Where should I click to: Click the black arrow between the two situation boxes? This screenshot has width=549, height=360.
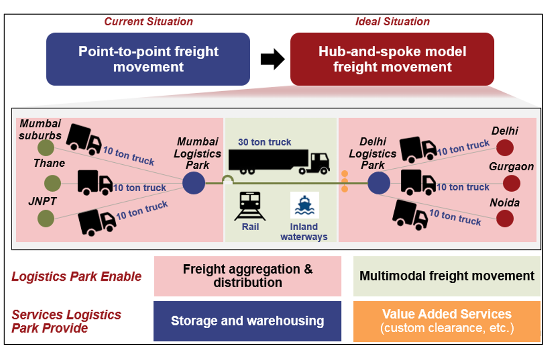273,59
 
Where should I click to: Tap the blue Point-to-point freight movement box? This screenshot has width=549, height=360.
148,59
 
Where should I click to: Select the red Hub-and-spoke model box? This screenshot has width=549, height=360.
392,59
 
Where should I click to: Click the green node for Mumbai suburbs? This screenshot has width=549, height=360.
46,148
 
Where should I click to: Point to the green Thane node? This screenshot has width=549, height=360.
53,183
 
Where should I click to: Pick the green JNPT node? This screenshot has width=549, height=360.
46,218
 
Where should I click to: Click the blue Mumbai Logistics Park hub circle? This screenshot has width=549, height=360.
194,183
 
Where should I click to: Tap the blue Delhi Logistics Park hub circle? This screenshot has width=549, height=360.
379,183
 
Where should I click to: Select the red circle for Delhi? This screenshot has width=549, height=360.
505,148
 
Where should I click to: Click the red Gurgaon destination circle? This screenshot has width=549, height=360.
511,183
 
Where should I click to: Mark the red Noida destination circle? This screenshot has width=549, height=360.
505,219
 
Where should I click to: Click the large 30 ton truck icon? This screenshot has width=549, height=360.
279,162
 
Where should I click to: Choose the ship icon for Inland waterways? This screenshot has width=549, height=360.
304,205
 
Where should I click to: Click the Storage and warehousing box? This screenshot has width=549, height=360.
247,321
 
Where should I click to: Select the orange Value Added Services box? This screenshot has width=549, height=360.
447,321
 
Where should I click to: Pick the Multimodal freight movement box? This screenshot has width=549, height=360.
447,276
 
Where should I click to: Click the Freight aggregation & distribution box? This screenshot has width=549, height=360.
247,276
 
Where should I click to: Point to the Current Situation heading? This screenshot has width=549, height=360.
148,21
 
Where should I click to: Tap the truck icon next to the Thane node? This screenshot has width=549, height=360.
94,183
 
